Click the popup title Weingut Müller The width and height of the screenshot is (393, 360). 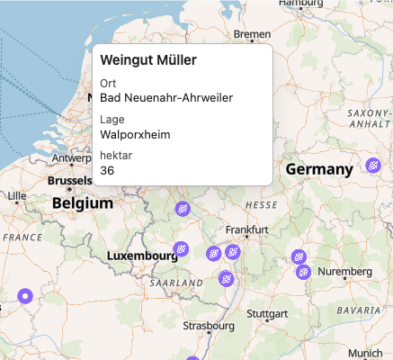(x=148, y=60)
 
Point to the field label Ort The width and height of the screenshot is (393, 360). (x=108, y=84)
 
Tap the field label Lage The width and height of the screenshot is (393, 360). (x=112, y=120)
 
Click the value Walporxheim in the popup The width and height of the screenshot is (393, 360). (x=135, y=134)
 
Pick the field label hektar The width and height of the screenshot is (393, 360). (x=116, y=156)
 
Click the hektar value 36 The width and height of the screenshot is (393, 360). (x=107, y=170)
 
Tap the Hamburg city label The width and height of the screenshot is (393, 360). (x=300, y=4)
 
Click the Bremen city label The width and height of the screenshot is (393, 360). (x=252, y=34)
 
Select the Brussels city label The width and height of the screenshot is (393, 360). (x=70, y=180)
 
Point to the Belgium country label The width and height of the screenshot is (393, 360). (x=82, y=203)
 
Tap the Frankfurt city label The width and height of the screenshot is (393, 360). (x=247, y=230)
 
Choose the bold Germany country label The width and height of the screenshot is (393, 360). (x=318, y=170)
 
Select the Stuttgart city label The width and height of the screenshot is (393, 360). (x=266, y=314)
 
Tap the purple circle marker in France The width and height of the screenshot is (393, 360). (x=25, y=295)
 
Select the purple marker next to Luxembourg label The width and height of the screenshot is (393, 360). (x=180, y=248)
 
